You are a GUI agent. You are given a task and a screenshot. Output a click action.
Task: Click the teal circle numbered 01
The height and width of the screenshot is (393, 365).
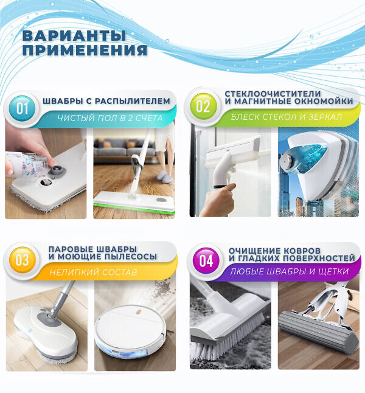point(22,108)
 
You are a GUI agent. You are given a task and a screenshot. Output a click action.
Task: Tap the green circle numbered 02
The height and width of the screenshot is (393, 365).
point(203,106)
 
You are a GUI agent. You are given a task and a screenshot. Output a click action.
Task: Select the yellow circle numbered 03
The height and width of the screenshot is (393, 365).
point(22,260)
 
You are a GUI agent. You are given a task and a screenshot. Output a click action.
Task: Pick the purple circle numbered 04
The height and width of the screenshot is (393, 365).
point(206,260)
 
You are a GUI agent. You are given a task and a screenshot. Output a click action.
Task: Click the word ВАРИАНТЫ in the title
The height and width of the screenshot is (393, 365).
point(74,35)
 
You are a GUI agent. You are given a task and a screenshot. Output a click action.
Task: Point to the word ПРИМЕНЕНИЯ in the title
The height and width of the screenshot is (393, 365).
point(85,50)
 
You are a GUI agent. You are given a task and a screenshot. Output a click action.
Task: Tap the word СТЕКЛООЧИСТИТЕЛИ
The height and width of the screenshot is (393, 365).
point(273,94)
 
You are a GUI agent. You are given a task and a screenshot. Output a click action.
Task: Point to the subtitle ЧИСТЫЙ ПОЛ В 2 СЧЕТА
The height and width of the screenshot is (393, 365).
point(110,118)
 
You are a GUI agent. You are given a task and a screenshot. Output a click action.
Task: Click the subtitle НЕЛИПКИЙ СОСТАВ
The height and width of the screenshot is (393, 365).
point(93,272)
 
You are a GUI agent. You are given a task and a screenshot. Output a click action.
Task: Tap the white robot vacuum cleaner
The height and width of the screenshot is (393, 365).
point(130,331)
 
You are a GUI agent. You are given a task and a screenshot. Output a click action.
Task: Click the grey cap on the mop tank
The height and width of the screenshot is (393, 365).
point(60,170)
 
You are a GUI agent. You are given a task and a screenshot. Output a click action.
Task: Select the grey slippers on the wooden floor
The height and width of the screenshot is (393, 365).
point(164,176)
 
